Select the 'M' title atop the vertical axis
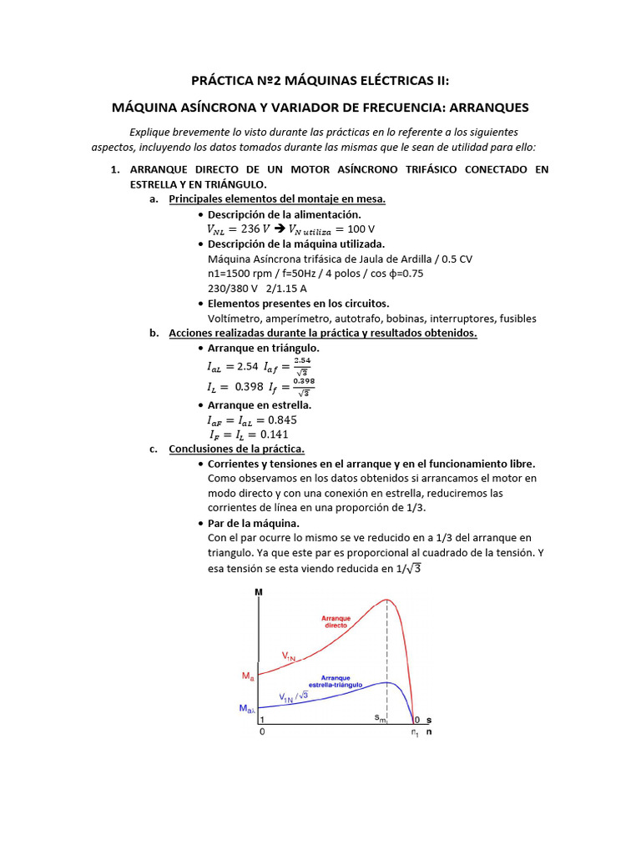[x=258, y=592]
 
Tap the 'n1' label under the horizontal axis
[x=414, y=733]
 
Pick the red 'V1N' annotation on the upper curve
[x=288, y=657]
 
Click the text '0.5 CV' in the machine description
[x=456, y=259]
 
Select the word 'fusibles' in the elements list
[x=517, y=319]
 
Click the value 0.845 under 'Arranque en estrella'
[x=279, y=419]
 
